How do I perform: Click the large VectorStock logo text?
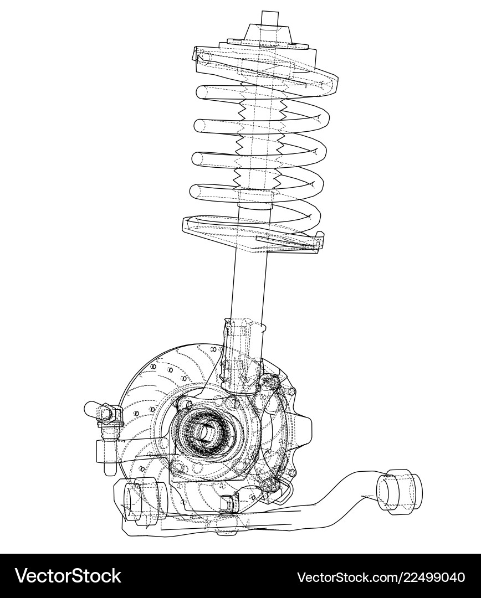tap(68, 575)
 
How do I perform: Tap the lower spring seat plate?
tap(252, 233)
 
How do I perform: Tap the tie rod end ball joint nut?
tap(109, 414)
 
